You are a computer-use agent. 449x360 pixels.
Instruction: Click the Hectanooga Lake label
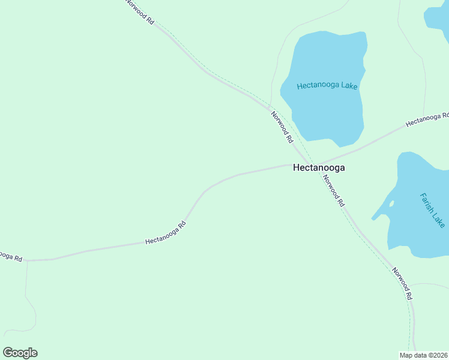coord(327,86)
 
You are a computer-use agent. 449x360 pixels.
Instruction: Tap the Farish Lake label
coord(432,210)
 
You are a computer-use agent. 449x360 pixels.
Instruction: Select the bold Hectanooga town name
coord(319,168)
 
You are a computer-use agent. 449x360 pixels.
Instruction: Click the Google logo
coord(20,353)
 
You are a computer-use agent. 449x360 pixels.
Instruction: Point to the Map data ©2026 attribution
coord(423,355)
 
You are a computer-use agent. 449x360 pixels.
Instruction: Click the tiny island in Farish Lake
coord(391,203)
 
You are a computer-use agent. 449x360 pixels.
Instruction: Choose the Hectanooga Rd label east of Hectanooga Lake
coord(427,119)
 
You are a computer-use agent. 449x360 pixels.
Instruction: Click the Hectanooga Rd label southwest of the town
coord(166,233)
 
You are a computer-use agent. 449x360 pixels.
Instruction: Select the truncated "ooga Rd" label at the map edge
coord(10,256)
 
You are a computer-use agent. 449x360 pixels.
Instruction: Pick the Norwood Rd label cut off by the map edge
coord(140,11)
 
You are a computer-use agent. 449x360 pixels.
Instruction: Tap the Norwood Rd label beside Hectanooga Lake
coord(282,127)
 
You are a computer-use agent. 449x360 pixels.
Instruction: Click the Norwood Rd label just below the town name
coord(333,191)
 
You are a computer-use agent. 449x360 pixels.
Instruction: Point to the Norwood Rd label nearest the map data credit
coord(402,283)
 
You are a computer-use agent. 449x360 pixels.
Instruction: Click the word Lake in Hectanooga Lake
coord(349,86)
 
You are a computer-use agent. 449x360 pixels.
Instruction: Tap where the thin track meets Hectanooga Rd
coord(27,261)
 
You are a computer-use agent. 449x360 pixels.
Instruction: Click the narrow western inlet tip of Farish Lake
coord(373,218)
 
